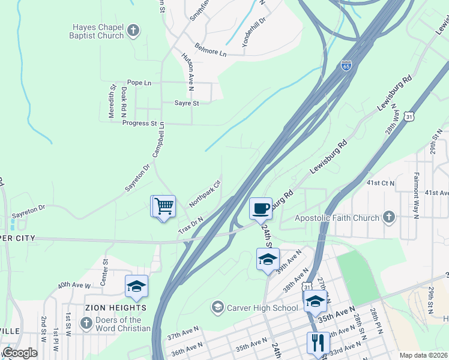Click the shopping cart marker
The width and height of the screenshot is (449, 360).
[163, 206]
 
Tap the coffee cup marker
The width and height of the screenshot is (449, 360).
[261, 209]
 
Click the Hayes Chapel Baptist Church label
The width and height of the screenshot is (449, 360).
[98, 31]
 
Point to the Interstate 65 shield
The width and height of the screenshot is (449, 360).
[346, 65]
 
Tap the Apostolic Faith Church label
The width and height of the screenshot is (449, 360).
[337, 218]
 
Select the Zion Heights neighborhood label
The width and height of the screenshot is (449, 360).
[116, 308]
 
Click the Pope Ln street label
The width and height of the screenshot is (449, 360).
[139, 82]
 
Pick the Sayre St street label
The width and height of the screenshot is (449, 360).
[186, 103]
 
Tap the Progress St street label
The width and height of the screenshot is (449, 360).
[139, 124]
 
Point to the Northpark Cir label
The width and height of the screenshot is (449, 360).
[205, 194]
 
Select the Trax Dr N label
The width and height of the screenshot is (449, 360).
[191, 226]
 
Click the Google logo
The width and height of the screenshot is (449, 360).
[19, 353]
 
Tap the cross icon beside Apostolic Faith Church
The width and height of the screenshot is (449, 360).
[389, 217]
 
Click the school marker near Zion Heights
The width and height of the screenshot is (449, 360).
[136, 286]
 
